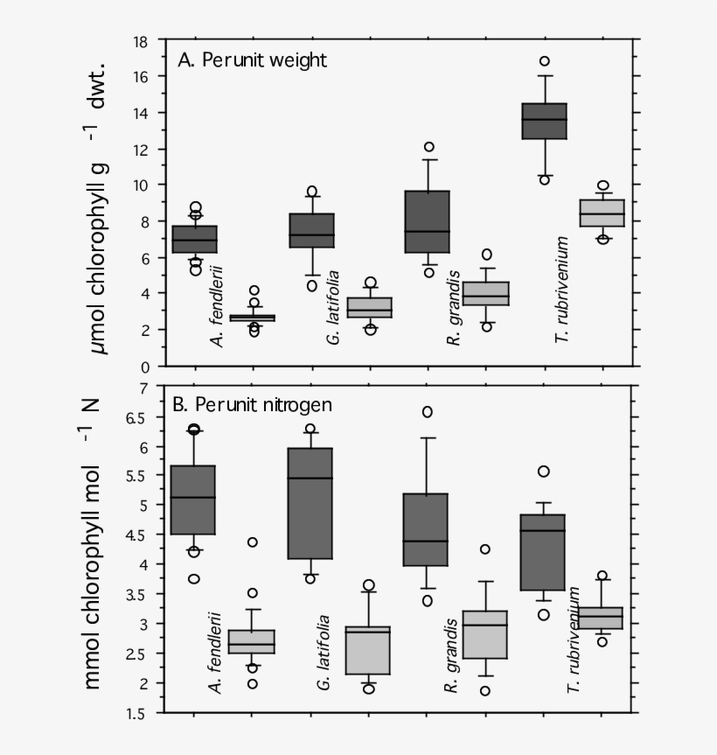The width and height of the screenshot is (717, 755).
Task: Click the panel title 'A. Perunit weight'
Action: click(x=252, y=60)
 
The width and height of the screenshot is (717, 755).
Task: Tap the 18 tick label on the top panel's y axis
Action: click(x=139, y=41)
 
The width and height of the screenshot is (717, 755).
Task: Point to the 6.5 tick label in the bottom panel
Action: click(x=137, y=418)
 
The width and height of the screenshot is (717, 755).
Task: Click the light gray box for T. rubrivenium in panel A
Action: click(x=602, y=213)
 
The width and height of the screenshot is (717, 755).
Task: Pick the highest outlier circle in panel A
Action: click(x=544, y=61)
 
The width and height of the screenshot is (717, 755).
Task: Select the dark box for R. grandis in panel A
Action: click(x=427, y=221)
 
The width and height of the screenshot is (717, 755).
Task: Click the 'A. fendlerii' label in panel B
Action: click(x=215, y=652)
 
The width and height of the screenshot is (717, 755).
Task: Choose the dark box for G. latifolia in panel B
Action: click(x=310, y=503)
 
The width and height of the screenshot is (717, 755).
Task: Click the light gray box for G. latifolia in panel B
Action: click(x=368, y=649)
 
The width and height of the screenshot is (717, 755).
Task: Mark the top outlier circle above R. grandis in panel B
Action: click(x=427, y=412)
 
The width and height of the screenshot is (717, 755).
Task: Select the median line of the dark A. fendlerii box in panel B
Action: click(x=192, y=498)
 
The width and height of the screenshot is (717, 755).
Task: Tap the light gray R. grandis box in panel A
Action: click(x=485, y=293)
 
